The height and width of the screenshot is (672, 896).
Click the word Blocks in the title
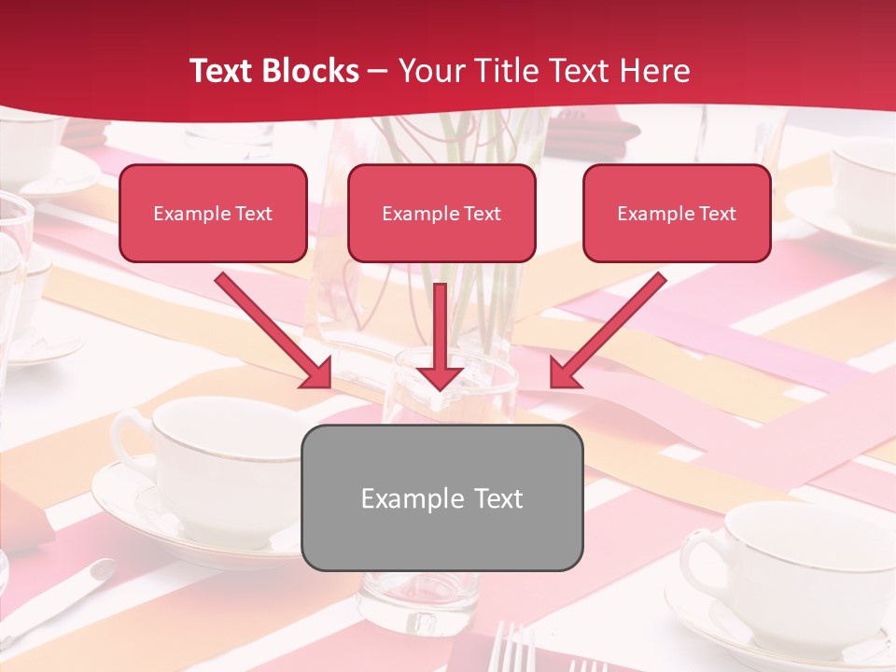point(312,71)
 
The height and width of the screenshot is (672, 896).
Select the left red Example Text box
point(213,213)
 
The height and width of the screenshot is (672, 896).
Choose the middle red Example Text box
point(441,213)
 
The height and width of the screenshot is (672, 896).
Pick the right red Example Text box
point(677,213)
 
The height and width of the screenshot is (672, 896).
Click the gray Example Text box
point(441,497)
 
